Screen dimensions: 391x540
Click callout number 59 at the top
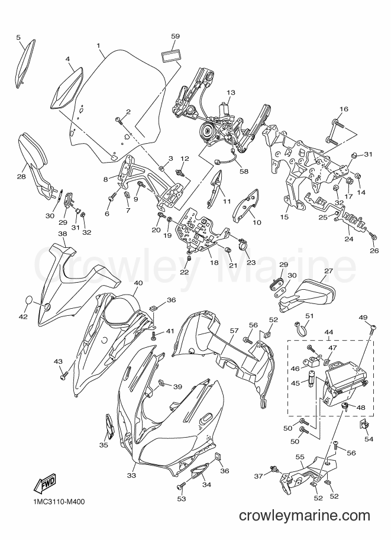click(x=175, y=36)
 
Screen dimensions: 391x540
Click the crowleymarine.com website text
click(x=304, y=516)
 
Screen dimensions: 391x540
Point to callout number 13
click(x=231, y=92)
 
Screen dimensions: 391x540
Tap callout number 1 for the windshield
click(x=98, y=46)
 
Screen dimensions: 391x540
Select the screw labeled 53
click(x=180, y=486)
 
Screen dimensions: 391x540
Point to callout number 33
click(x=131, y=476)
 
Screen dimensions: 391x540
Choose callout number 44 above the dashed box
click(x=329, y=332)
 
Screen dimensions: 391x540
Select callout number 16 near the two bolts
click(x=344, y=109)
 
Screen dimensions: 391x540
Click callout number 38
click(x=62, y=234)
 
